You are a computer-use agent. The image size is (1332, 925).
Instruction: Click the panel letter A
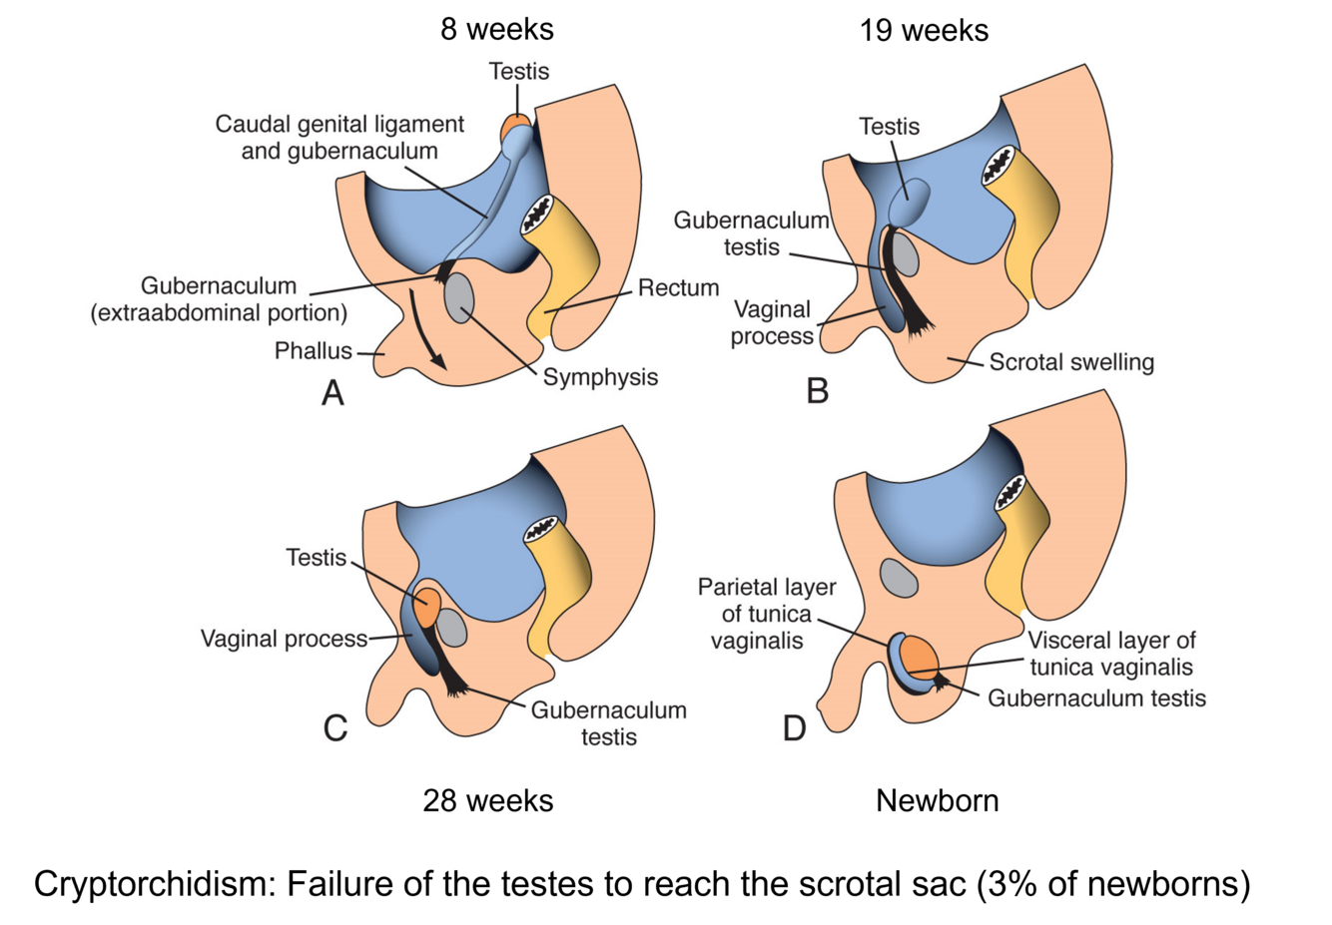click(333, 393)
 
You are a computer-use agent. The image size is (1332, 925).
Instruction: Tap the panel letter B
click(817, 390)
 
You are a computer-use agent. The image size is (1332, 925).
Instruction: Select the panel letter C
click(335, 728)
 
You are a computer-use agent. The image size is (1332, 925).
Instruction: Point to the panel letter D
click(794, 728)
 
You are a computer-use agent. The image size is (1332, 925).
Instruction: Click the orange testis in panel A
click(516, 127)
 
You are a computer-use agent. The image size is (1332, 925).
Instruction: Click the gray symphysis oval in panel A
click(458, 297)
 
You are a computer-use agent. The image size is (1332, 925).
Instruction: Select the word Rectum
click(678, 288)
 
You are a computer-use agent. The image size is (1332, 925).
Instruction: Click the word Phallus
click(314, 351)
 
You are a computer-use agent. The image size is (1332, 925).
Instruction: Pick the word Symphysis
click(600, 377)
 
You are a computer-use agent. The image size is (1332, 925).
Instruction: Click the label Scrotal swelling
click(1071, 362)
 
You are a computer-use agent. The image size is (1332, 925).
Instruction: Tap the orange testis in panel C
click(427, 607)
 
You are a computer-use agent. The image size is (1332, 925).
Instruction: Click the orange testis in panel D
click(919, 659)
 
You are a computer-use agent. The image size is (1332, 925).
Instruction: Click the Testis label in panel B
click(889, 127)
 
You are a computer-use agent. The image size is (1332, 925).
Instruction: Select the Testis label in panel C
click(317, 558)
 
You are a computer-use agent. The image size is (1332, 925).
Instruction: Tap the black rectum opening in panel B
click(999, 165)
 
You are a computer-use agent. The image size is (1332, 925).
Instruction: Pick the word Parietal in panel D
click(735, 587)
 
